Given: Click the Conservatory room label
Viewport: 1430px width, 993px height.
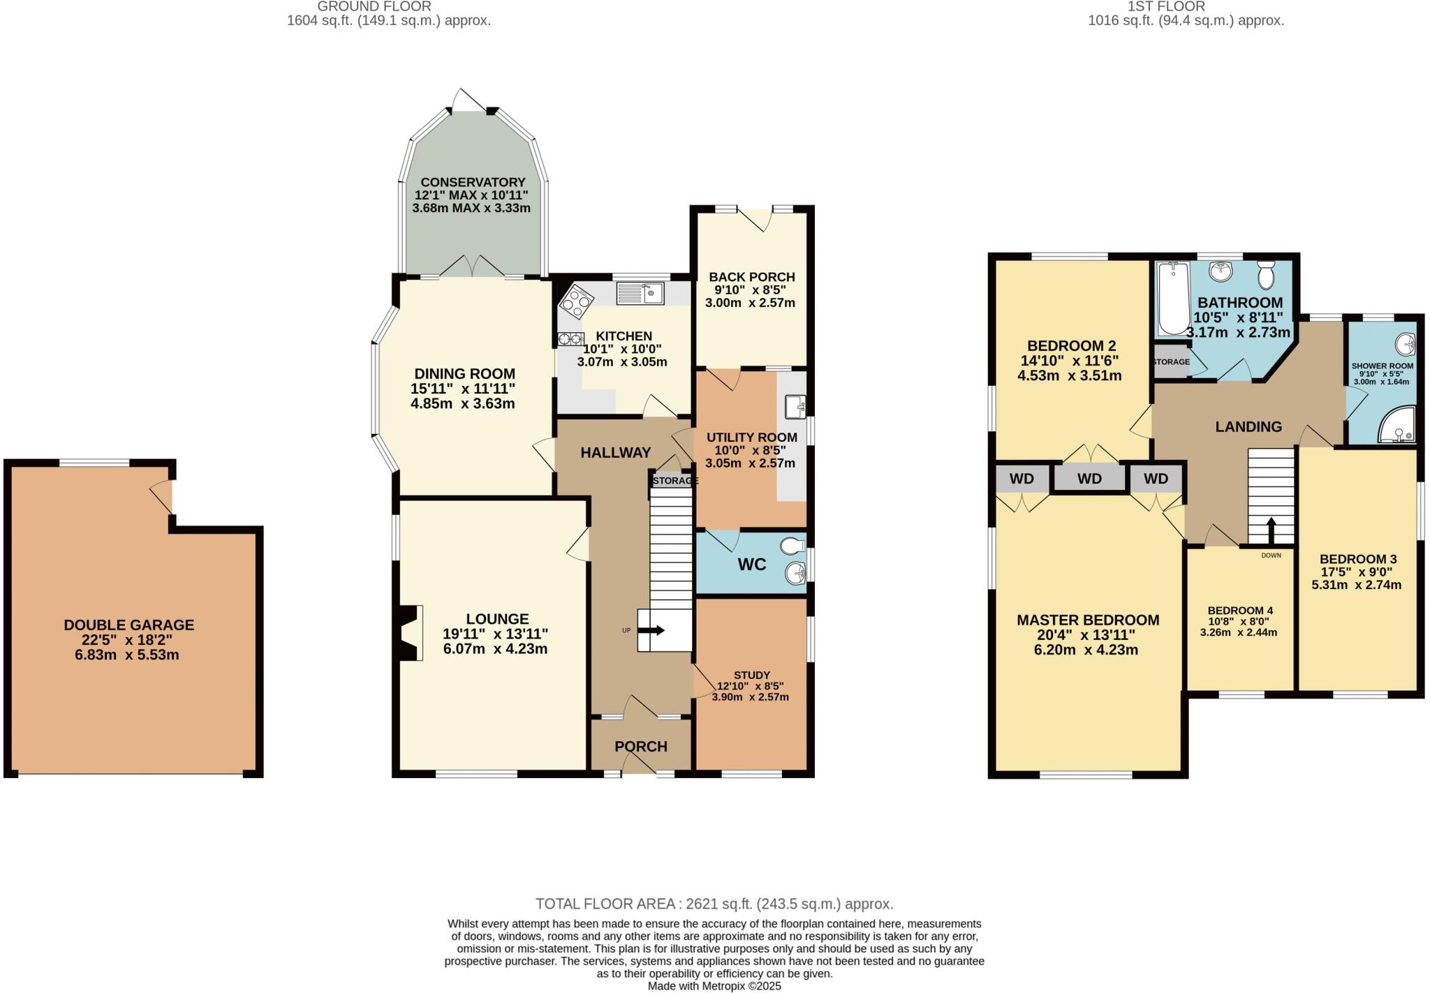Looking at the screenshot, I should point(473,182).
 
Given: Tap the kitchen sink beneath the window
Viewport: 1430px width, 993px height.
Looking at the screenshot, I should point(640,294).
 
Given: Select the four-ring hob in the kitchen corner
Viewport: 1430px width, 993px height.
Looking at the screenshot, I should point(576,303).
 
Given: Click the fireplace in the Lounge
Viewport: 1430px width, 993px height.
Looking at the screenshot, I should point(411,632).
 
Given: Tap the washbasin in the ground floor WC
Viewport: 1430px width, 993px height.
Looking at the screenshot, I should point(795,574).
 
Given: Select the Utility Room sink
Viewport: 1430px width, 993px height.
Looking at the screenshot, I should point(795,407).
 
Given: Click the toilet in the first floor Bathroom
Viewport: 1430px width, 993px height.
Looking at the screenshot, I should point(1266,275).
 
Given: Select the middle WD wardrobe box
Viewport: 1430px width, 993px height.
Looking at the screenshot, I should point(1089,479).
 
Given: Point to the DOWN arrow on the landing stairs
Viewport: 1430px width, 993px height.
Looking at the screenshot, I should point(1271,530).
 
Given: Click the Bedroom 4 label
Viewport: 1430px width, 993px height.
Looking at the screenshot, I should point(1236,610).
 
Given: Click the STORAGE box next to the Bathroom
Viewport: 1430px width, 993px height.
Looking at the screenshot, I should point(1171,362).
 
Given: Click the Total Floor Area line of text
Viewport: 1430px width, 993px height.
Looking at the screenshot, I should point(714,904).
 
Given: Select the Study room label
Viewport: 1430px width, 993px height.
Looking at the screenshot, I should point(751,675).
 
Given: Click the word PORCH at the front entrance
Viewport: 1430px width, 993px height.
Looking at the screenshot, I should point(640,746).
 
